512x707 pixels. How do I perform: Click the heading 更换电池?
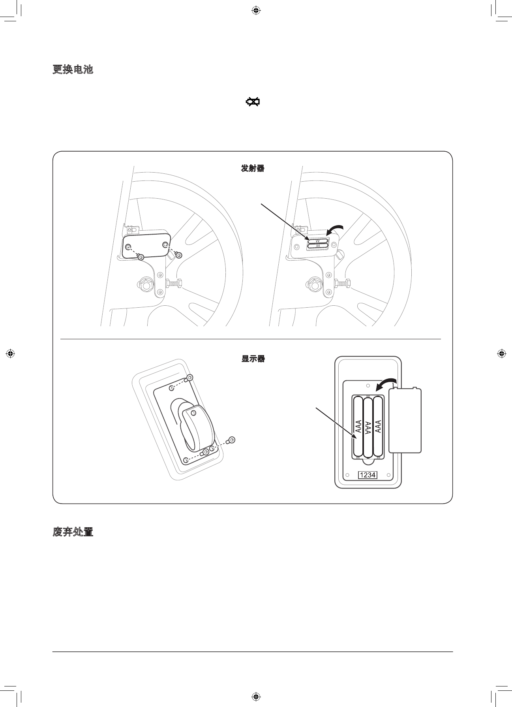(73, 70)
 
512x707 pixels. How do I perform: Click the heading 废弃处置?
(73, 532)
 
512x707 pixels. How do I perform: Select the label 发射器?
(253, 168)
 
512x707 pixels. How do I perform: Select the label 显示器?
(253, 359)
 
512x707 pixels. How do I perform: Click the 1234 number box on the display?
(368, 475)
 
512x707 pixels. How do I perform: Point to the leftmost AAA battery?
(358, 427)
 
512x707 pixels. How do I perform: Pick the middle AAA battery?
(368, 427)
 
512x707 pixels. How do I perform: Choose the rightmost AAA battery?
(378, 427)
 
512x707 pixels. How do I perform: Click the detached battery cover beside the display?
(405, 420)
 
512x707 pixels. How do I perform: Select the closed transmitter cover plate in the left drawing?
(146, 245)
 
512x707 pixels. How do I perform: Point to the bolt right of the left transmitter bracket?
(174, 283)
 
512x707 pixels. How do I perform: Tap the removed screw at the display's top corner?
(190, 377)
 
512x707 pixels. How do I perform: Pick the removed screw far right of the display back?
(232, 440)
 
